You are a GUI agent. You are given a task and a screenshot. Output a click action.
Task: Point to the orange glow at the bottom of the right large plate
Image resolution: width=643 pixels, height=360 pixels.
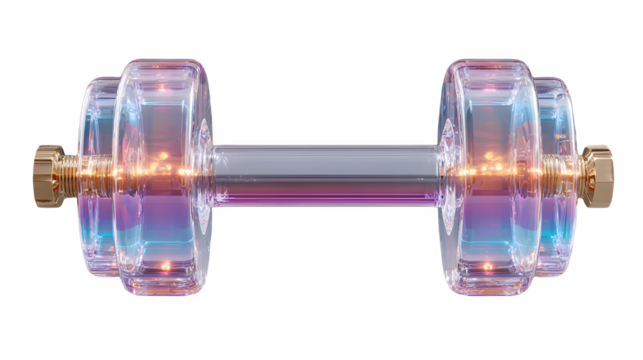tap(487, 268)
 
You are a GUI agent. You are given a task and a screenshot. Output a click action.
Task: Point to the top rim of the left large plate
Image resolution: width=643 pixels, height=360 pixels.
tap(165, 59)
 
